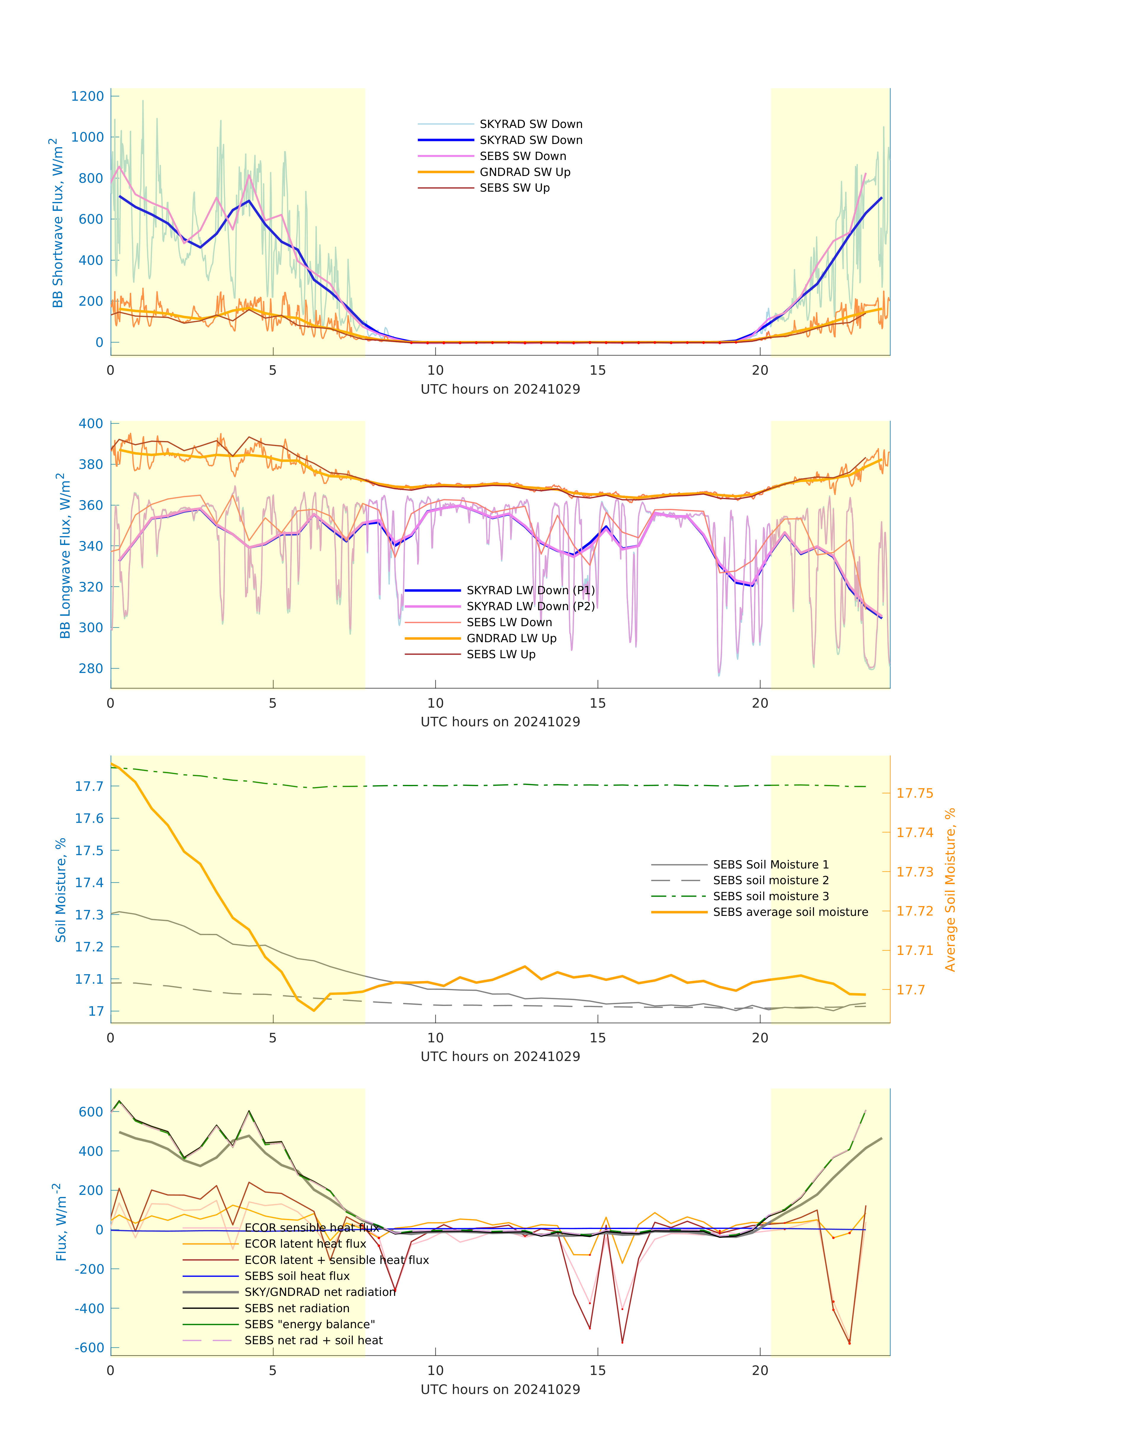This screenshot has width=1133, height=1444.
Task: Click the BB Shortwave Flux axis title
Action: point(58,223)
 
